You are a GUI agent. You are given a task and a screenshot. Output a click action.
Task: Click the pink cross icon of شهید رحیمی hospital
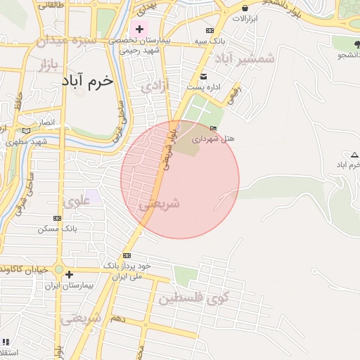point(139,30)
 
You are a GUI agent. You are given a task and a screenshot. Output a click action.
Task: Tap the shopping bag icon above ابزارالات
point(244,8)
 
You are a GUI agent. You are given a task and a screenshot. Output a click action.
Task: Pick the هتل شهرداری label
point(231,139)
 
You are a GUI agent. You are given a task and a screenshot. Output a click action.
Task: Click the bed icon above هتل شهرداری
point(213,127)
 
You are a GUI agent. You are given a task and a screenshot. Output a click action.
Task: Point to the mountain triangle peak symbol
point(354,155)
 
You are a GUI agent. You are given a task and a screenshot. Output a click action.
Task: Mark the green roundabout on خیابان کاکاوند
point(60,271)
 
